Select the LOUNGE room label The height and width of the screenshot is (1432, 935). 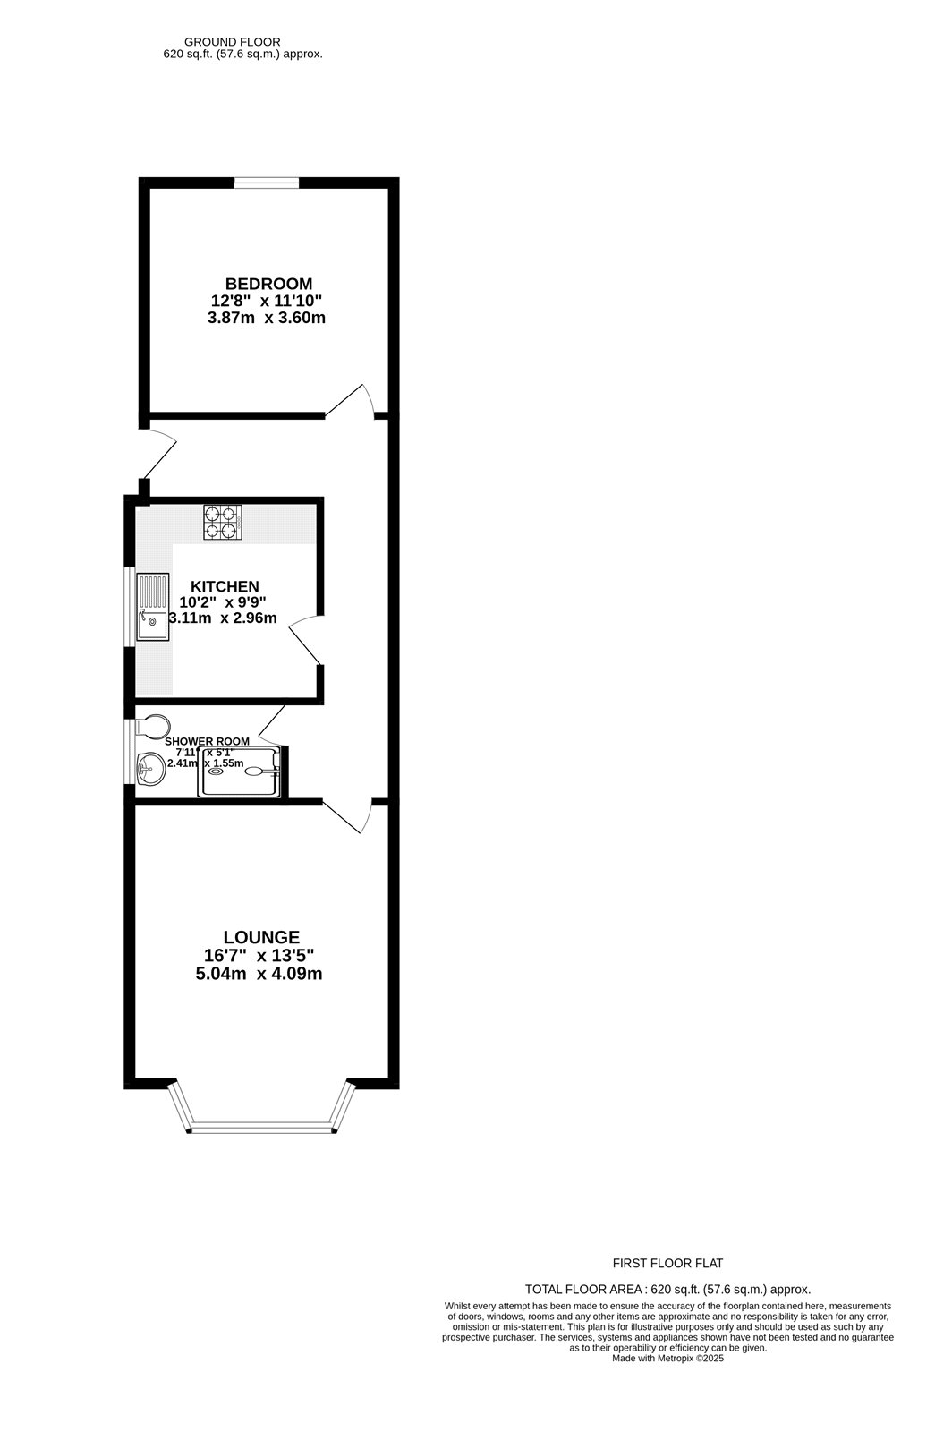[261, 937]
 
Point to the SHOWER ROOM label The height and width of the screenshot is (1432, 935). [208, 741]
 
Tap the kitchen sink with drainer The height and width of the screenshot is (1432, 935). [152, 607]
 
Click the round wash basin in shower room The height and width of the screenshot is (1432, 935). [150, 768]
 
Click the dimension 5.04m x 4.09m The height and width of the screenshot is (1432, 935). [259, 974]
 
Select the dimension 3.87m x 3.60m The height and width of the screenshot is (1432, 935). [266, 318]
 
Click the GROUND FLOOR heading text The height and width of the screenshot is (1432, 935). [232, 41]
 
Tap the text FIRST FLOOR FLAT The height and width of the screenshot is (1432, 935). [667, 1264]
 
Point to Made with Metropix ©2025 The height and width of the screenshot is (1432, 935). [667, 1358]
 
